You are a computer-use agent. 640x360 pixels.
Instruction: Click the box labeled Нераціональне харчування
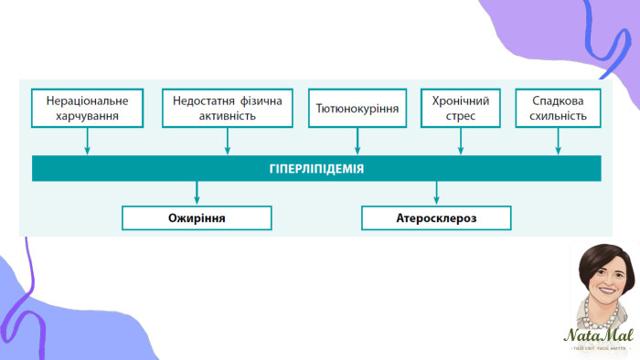pyautogui.click(x=87, y=108)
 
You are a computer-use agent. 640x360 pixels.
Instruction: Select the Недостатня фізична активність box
pyautogui.click(x=227, y=108)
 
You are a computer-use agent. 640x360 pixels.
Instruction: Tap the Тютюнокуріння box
pyautogui.click(x=357, y=108)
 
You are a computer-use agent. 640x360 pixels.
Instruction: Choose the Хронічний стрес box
pyautogui.click(x=461, y=108)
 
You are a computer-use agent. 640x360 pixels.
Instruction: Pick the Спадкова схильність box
pyautogui.click(x=559, y=108)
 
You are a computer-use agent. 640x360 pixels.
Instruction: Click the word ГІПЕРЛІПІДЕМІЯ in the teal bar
pyautogui.click(x=316, y=169)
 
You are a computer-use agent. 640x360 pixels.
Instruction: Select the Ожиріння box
pyautogui.click(x=197, y=218)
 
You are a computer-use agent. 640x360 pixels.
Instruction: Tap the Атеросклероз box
pyautogui.click(x=436, y=218)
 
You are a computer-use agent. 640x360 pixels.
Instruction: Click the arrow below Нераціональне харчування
pyautogui.click(x=87, y=142)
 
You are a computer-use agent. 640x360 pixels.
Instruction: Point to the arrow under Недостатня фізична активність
pyautogui.click(x=227, y=142)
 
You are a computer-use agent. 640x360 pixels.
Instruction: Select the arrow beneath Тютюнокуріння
pyautogui.click(x=357, y=142)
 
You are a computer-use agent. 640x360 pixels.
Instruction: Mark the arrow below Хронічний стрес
pyautogui.click(x=461, y=142)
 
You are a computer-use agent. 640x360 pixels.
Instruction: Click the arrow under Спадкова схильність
pyautogui.click(x=559, y=142)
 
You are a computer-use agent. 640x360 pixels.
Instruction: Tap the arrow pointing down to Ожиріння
pyautogui.click(x=197, y=193)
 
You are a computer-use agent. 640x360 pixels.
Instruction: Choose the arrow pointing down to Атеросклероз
pyautogui.click(x=436, y=193)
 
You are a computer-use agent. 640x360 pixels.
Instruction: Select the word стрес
pyautogui.click(x=461, y=116)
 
